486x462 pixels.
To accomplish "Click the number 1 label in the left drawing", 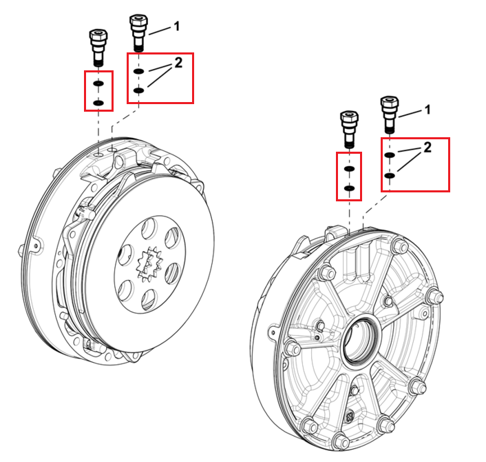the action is coord(177,26).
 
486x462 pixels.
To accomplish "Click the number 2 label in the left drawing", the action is coord(178,63).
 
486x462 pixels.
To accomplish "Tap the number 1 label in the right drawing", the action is coord(427,110).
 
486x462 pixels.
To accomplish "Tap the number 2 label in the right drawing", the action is coord(427,147).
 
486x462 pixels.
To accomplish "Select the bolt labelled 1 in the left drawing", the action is coord(138,33).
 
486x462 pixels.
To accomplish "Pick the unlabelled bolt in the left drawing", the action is coord(98,48).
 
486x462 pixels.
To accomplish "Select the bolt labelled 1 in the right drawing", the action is coord(390,114).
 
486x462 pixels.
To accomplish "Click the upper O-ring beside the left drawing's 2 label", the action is coord(138,72).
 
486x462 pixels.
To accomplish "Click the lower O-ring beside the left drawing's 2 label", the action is coord(138,90).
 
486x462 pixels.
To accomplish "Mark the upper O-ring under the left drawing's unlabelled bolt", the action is coord(98,83).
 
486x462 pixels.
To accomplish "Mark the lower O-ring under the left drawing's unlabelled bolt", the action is coord(98,103).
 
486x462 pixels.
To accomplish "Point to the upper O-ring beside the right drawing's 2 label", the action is coord(390,155).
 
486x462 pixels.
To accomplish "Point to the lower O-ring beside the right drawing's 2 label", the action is coord(390,176).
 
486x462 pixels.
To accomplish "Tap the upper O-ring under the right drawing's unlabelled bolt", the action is coord(349,168).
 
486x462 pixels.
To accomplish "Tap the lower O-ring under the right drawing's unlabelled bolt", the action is coord(349,188).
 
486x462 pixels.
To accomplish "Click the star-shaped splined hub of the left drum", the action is coord(149,265).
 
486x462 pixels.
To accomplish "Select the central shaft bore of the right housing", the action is coord(361,339).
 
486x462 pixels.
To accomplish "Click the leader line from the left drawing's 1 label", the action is coord(160,31).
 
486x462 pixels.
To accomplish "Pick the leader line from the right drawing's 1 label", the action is coord(410,114).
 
